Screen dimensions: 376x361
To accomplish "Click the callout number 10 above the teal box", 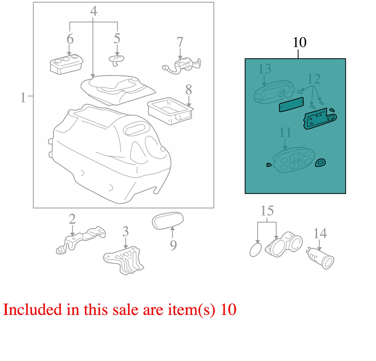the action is pos(299,42).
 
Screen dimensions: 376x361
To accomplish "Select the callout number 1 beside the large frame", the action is pos(23,98).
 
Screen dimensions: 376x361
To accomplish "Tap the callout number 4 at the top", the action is pos(93,11).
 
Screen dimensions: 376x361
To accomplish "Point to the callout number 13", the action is pos(265,69).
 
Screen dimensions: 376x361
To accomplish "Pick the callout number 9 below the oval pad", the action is pos(173,245).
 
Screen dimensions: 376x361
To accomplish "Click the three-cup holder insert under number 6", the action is pos(66,64).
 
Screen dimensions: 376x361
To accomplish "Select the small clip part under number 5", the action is pos(116,60).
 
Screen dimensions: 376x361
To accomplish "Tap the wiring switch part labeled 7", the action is pos(181,66).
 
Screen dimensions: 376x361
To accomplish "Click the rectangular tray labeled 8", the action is pos(170,111).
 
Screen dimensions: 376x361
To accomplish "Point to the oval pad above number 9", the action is pos(168,221).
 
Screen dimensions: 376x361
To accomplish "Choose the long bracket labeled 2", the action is pos(81,240).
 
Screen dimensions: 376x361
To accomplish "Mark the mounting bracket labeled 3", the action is pos(124,260).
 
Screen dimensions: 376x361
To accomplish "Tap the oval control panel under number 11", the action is pos(294,160).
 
